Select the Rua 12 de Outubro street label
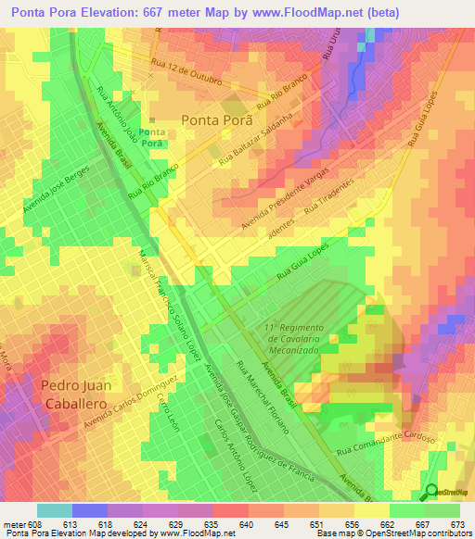pyautogui.click(x=186, y=71)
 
